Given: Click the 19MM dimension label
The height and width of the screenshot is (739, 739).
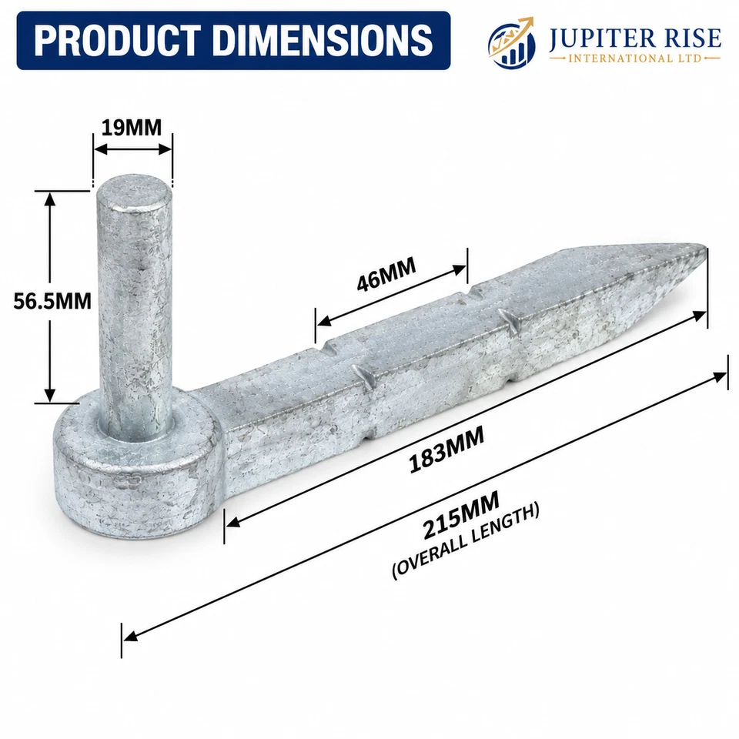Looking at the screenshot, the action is [x=132, y=127].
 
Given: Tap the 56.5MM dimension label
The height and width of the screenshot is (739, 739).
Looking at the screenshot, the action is [x=52, y=301].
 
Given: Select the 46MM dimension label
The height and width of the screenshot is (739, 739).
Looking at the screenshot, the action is [x=386, y=274].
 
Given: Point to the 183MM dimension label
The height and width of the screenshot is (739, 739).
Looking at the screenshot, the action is [x=446, y=448].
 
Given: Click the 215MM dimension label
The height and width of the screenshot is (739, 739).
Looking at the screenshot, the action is [x=460, y=514].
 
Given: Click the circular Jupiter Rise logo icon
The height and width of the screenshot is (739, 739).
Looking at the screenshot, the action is [x=511, y=43].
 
